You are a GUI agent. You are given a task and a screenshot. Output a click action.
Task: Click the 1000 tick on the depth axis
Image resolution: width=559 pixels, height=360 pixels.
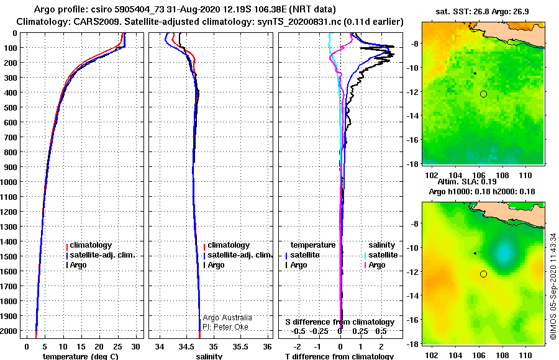pos(9,182)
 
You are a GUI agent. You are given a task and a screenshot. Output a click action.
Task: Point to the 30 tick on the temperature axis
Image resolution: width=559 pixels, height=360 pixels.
pos(135,346)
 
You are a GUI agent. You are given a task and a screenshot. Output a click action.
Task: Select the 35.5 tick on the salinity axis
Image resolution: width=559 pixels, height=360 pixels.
pos(240,346)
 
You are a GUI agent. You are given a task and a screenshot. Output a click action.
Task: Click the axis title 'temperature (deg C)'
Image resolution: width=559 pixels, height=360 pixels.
pos(80,356)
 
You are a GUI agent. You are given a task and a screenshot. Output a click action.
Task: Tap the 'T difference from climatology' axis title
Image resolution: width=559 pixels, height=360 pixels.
pos(339,356)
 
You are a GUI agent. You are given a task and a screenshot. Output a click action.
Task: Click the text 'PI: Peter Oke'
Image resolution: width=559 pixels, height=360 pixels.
pos(225,327)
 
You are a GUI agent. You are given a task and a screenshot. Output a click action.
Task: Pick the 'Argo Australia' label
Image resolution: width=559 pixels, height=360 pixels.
pos(227,318)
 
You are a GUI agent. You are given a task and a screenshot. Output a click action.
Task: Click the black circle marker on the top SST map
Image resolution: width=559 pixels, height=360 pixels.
pos(483,94)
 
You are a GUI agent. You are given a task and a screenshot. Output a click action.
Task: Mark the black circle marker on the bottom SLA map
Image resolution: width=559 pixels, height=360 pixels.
pos(483,274)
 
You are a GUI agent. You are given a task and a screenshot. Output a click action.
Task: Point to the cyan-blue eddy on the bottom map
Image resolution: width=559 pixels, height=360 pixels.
pos(503,253)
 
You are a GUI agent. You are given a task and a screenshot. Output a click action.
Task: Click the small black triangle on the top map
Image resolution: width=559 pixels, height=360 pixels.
pos(475,73)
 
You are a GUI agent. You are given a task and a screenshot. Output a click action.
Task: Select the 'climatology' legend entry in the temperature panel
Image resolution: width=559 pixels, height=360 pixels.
pos(89,245)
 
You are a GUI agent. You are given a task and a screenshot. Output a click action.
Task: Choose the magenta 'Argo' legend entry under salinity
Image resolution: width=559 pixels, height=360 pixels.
pos(374,265)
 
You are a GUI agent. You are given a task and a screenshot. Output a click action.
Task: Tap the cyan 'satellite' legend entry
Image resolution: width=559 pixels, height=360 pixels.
pos(381,255)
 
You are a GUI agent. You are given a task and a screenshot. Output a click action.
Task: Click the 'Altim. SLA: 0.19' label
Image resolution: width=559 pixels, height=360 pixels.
pos(467,182)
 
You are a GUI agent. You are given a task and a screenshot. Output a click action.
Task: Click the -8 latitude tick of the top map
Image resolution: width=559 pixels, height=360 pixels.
pos(413,43)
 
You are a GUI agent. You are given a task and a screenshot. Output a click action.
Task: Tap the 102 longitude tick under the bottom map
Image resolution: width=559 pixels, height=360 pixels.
pos(432,356)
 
